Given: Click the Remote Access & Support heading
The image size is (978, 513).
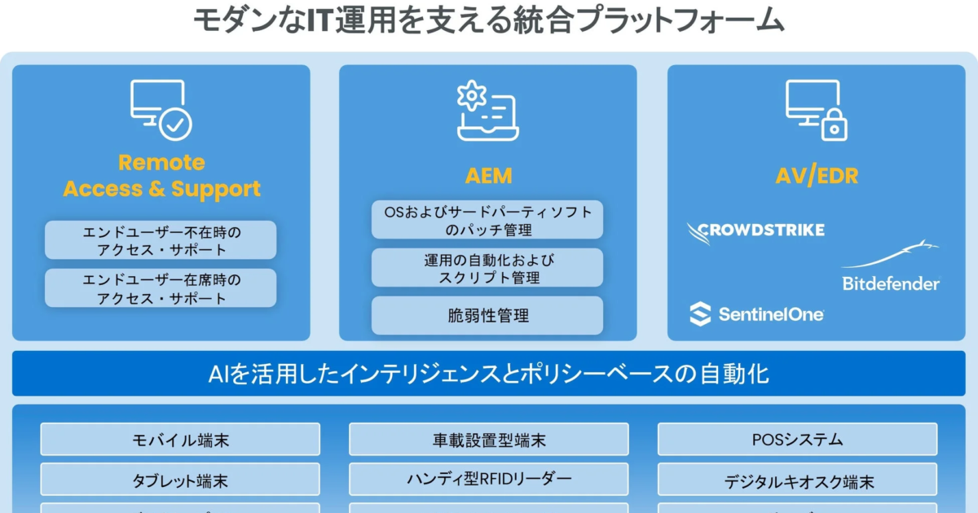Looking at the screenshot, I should click(161, 176).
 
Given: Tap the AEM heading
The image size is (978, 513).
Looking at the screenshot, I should click(488, 176).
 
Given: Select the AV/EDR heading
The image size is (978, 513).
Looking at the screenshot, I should click(816, 176).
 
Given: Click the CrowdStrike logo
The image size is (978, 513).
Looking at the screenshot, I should click(756, 231).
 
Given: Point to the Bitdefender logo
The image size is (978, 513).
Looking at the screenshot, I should click(891, 269).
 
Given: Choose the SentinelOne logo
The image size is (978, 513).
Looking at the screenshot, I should click(756, 313).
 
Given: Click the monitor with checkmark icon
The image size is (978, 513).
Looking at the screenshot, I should click(161, 110).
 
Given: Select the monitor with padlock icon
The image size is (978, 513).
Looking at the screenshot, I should click(816, 110).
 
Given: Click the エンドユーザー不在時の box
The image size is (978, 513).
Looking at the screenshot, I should click(161, 240).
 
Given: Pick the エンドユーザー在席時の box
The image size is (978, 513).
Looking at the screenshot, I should click(161, 288).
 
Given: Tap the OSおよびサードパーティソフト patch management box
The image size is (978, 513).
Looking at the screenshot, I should click(487, 220).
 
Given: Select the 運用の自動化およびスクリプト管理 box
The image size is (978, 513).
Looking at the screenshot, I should click(487, 268).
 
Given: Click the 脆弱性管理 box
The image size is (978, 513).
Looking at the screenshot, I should click(487, 315).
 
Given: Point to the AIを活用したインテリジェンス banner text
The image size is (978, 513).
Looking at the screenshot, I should click(488, 374).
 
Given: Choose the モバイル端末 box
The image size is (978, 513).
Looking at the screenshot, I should click(180, 440).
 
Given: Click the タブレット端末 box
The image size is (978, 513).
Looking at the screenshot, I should click(180, 480).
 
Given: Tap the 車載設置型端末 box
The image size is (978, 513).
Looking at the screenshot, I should click(489, 440).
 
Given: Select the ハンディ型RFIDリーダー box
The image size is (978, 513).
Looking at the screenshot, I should click(489, 479).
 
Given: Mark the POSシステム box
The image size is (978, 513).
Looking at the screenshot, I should click(797, 440).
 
